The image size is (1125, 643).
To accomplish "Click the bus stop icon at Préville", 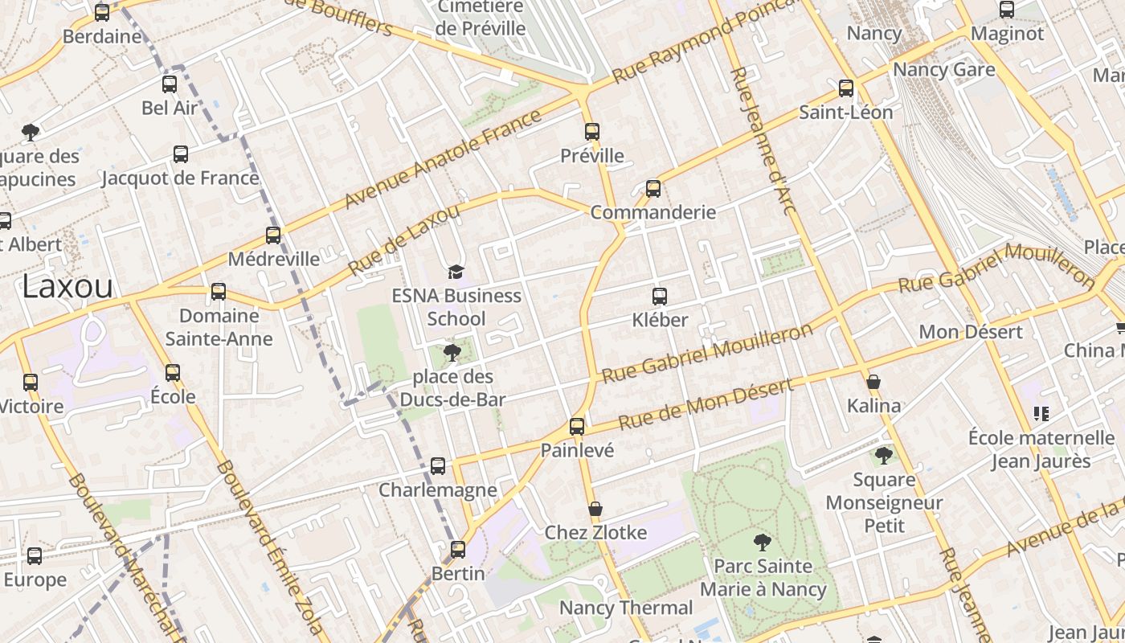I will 592,132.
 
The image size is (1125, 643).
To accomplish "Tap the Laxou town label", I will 67,286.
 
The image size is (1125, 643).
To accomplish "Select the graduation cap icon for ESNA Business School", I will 456,272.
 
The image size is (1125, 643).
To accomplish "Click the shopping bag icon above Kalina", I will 873,382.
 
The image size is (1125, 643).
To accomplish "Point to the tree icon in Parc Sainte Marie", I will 763,543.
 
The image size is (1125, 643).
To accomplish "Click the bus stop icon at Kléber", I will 660,297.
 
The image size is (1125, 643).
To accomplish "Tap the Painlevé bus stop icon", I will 577,427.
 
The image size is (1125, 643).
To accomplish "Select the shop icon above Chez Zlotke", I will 595,509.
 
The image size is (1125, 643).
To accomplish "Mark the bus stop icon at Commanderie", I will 653,189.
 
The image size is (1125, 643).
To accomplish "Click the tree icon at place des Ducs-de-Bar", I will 452,353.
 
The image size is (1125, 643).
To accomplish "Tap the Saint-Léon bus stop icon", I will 846,88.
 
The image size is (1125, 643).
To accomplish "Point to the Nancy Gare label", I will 943,70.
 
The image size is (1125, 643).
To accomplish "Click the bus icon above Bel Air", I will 170,84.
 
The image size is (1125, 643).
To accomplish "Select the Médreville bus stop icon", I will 273,235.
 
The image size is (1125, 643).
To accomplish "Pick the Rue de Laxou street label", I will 404,240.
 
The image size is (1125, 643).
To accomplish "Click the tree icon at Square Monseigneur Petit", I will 884,456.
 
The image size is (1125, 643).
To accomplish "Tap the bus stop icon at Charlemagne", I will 438,466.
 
